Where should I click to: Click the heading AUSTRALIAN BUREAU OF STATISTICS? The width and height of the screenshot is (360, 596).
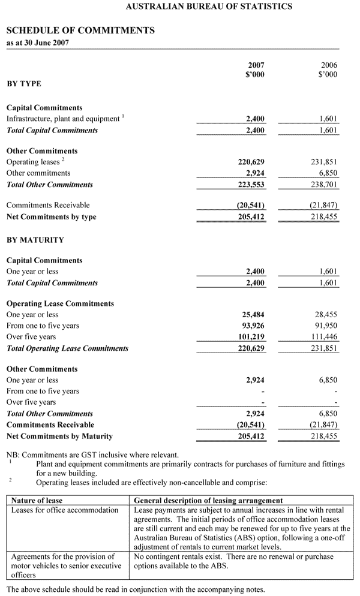point(209,7)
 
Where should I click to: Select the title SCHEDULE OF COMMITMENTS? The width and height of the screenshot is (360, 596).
point(80,30)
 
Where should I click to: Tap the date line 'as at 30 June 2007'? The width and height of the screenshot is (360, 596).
point(37,43)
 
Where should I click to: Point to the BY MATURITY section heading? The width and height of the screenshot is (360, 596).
point(35,240)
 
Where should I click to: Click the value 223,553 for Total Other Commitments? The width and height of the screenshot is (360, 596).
point(251,185)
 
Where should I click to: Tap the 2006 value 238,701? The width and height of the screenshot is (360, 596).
point(325,185)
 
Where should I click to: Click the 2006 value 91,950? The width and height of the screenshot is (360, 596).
point(326,326)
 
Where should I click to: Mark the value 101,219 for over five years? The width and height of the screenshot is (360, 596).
point(251,337)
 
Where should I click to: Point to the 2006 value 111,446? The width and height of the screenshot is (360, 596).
point(325,337)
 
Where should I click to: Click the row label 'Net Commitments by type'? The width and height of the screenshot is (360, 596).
point(51,217)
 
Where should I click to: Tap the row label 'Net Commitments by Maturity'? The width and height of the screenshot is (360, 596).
point(59,436)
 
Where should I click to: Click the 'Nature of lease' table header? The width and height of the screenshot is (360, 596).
point(37,500)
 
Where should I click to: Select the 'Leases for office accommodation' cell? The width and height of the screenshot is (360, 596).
point(65,510)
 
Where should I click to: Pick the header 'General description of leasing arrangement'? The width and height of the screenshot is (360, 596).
point(208,500)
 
